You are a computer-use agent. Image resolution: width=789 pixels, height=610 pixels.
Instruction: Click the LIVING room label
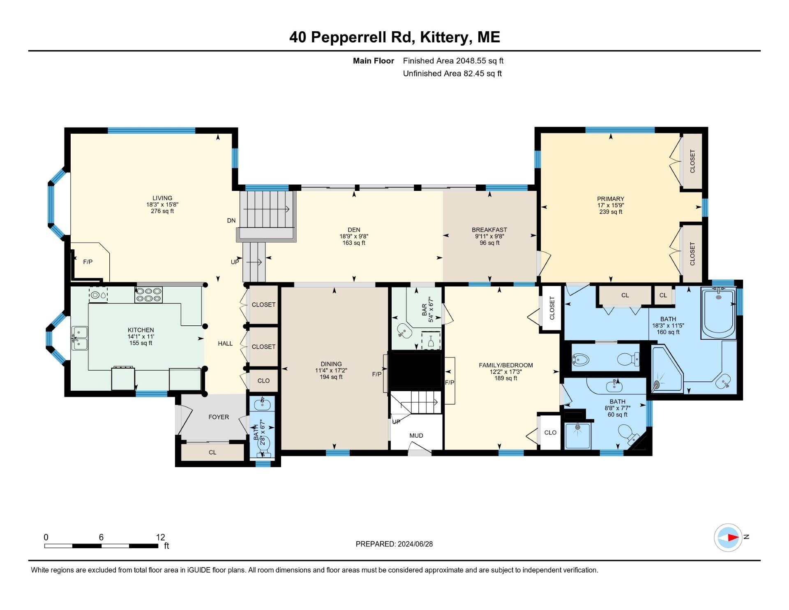coord(162,198)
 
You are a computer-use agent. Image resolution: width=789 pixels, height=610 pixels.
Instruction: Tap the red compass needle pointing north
coord(733,537)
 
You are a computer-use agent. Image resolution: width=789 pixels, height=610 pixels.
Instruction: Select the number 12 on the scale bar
coord(160,537)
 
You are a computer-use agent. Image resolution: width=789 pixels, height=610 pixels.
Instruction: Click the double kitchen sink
coord(79,338)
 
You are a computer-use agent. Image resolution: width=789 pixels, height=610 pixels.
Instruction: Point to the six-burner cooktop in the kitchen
coord(148,295)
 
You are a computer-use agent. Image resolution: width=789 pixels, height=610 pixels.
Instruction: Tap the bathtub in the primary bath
coord(718,313)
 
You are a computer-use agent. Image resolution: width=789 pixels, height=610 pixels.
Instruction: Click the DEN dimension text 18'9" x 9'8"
coord(354,237)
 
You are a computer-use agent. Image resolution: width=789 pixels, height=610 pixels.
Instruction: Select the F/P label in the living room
coord(88,262)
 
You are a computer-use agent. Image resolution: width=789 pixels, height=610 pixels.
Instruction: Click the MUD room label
coord(416,436)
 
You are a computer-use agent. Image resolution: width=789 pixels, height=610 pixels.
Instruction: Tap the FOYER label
coord(218,417)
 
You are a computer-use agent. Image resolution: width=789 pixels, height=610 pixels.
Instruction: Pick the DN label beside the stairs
coord(231,220)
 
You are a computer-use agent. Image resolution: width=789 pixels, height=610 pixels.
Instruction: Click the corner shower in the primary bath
coord(666,369)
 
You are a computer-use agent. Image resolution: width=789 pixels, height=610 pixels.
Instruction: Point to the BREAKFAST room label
coord(489,230)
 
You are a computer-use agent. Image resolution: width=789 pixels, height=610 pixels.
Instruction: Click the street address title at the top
coord(394,37)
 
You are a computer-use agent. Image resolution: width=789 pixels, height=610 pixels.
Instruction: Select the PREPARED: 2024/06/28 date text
coord(394,544)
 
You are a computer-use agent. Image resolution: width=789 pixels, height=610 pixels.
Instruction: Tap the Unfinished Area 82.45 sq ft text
coord(452,74)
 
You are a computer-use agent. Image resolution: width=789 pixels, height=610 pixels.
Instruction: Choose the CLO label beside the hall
coord(263,380)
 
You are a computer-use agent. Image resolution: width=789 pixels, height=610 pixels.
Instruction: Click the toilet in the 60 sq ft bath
coord(626,433)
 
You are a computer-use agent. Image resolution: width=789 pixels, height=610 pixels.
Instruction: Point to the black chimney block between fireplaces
coord(415,370)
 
